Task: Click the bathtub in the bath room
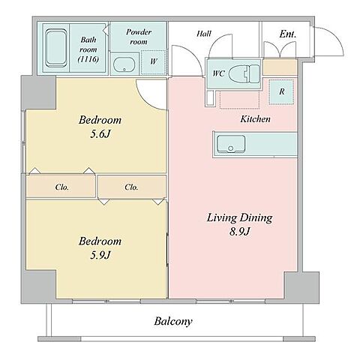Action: coord(57,48)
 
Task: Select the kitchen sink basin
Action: coord(231,144)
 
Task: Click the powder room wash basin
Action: coord(124,64)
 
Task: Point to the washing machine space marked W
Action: coord(154,62)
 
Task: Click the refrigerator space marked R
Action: coord(281,91)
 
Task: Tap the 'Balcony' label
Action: coord(173,321)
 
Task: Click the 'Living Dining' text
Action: coord(239,217)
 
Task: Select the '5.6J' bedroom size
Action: coord(100,134)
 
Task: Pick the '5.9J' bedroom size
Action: coord(100,255)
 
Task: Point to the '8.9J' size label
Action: coord(239,232)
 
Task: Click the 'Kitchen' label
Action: coord(255,118)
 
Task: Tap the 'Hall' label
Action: coord(204,34)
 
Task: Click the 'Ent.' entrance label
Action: coord(288,34)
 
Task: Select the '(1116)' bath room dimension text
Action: coord(88,59)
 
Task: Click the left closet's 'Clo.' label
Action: coord(62,187)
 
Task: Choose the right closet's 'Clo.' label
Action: coord(131,187)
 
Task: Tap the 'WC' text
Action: coord(219,73)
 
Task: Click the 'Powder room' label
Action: coord(139,37)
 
